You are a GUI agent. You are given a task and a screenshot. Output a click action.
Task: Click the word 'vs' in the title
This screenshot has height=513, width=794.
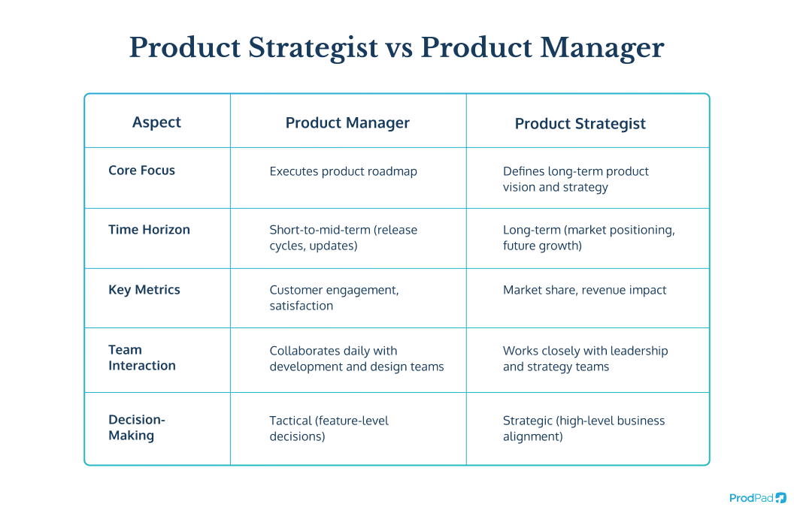(x=399, y=49)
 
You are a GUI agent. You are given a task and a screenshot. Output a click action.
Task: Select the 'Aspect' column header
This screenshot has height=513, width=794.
(x=156, y=122)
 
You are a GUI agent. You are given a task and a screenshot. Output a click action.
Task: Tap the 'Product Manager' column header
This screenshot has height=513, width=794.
(x=347, y=123)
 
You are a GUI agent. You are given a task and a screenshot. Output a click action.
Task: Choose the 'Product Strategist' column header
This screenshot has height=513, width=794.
(x=580, y=124)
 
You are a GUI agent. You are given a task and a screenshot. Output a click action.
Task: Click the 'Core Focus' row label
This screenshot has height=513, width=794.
(x=141, y=170)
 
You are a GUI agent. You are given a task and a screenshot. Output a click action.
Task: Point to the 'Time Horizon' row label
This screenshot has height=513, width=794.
(x=149, y=230)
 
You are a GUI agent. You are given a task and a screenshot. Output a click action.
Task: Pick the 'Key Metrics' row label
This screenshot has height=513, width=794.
(x=144, y=290)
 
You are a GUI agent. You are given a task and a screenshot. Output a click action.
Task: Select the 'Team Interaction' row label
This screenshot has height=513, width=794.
(x=141, y=358)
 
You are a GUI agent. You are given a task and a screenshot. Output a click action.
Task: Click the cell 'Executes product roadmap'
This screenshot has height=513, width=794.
(x=343, y=171)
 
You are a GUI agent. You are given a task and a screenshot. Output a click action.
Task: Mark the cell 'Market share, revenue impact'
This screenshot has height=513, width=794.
(x=584, y=290)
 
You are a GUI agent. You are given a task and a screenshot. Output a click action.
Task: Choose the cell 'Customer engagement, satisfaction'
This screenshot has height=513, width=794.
(x=334, y=298)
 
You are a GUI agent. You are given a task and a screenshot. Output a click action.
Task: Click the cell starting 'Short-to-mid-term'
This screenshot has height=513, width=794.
(x=343, y=238)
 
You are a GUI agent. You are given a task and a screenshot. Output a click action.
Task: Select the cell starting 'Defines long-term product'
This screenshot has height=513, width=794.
(x=575, y=179)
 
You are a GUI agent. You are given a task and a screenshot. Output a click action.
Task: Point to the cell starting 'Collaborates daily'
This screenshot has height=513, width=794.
(x=356, y=358)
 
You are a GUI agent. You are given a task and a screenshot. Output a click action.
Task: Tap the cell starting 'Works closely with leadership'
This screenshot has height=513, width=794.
(x=585, y=358)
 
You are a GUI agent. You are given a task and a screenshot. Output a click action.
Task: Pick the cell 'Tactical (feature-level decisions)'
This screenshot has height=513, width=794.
(x=329, y=428)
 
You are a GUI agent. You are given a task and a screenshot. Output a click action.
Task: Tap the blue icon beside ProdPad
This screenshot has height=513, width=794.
(x=781, y=497)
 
